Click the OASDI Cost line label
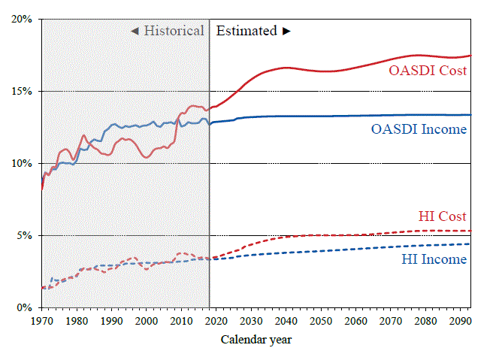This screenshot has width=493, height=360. click(x=428, y=71)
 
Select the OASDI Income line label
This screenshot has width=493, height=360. click(x=419, y=129)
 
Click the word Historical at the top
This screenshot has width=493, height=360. click(x=174, y=31)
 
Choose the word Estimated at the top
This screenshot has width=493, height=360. click(x=246, y=31)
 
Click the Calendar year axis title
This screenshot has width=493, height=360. click(x=256, y=340)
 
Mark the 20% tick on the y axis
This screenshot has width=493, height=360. click(x=21, y=19)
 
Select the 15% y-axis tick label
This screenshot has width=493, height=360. click(x=21, y=91)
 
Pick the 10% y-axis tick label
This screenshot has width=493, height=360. click(x=21, y=163)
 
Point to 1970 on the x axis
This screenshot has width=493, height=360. click(x=42, y=322)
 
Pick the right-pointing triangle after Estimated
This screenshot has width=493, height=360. click(x=286, y=31)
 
